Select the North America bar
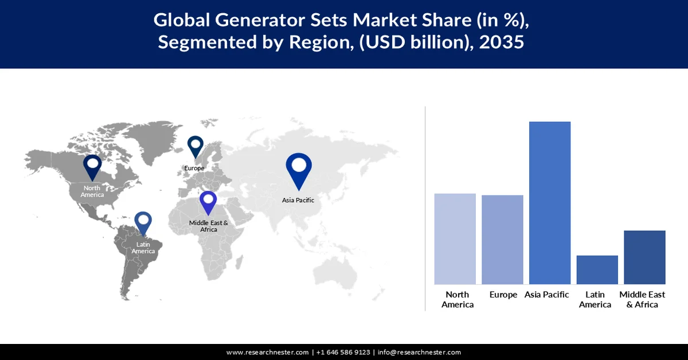(x=455, y=238)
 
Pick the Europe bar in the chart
(x=502, y=240)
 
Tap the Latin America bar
(x=597, y=269)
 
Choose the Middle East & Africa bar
(x=644, y=257)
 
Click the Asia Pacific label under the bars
(x=547, y=295)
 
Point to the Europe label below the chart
(x=504, y=295)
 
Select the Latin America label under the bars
(x=595, y=299)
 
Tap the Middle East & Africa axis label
(x=642, y=299)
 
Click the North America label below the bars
(x=458, y=299)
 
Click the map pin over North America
(x=92, y=167)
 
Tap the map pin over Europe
(x=196, y=146)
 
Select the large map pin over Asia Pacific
(x=299, y=170)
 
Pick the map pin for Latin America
(x=143, y=224)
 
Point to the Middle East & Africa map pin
(x=208, y=203)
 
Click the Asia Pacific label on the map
(x=298, y=200)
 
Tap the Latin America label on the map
(x=143, y=248)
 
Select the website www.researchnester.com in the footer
(x=268, y=352)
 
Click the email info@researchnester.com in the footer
(x=419, y=352)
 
